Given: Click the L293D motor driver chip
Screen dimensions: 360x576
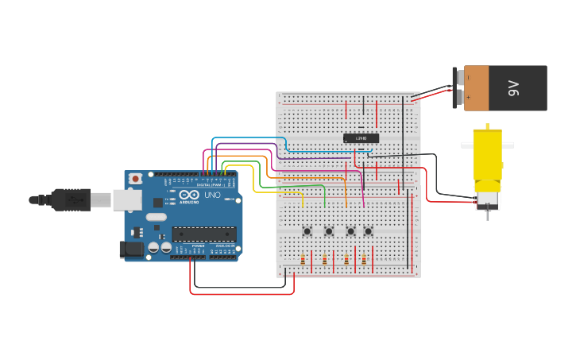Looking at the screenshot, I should [x=361, y=138].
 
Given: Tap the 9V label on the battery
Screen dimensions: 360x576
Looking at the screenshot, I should [x=514, y=87].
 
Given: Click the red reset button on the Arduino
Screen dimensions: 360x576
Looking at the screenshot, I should [x=136, y=179].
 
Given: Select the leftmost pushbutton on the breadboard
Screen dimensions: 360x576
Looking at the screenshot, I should [x=307, y=231].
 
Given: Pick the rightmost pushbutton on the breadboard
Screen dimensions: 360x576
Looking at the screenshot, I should [x=368, y=231].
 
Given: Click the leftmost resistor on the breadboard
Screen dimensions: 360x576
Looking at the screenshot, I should [x=302, y=260].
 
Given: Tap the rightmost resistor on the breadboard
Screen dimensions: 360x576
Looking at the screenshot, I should [x=364, y=260].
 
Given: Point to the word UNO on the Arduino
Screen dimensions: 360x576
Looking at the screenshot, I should [x=212, y=195].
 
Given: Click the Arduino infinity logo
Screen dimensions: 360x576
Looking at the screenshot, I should [x=189, y=195].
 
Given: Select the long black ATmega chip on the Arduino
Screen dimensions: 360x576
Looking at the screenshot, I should [x=204, y=234].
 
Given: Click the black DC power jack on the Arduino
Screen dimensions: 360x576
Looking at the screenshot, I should [x=133, y=250].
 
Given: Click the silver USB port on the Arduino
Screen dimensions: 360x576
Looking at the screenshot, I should [x=126, y=199].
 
